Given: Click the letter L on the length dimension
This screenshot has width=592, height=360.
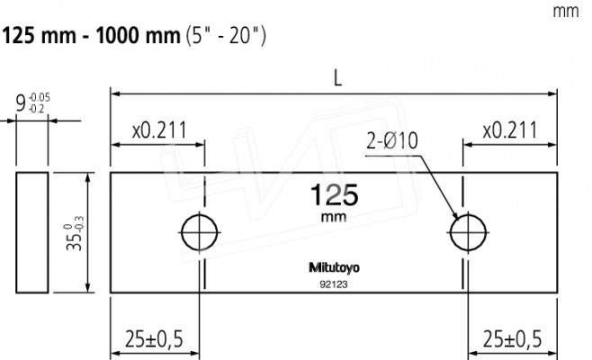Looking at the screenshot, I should (x=336, y=78).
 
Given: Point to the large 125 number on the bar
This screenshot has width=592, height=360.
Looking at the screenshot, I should (x=334, y=195).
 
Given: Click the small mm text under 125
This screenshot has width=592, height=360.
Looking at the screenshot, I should (x=333, y=217).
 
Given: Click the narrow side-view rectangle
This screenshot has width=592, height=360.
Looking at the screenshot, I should (x=31, y=232).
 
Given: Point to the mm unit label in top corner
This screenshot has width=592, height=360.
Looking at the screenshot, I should (x=565, y=12).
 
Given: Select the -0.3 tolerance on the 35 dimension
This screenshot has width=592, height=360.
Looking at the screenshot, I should (x=82, y=218).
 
